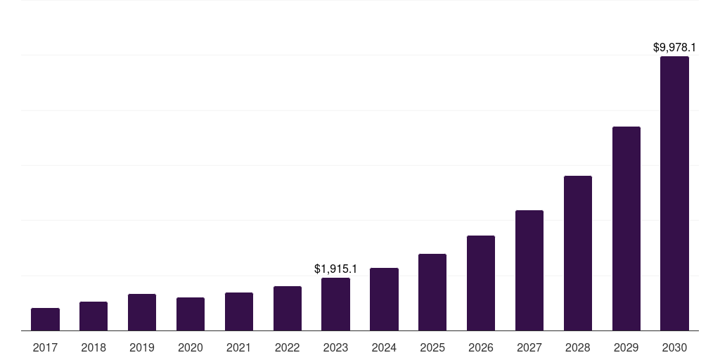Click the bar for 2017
point(45,319)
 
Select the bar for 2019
point(142,312)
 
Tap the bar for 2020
point(191,314)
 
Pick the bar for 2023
point(335,304)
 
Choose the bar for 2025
point(432,292)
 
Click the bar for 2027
point(529,271)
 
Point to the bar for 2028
point(578,253)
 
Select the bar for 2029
point(626,229)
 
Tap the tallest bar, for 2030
point(674,193)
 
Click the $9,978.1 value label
point(674,48)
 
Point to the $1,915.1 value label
point(335,269)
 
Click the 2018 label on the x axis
point(94,347)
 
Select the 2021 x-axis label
point(239,347)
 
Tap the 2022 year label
point(288,347)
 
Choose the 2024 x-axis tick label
point(384,347)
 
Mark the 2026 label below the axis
point(481,347)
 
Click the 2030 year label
point(674,347)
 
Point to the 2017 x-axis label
point(45,347)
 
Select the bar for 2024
point(384,300)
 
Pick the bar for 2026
point(481,283)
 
